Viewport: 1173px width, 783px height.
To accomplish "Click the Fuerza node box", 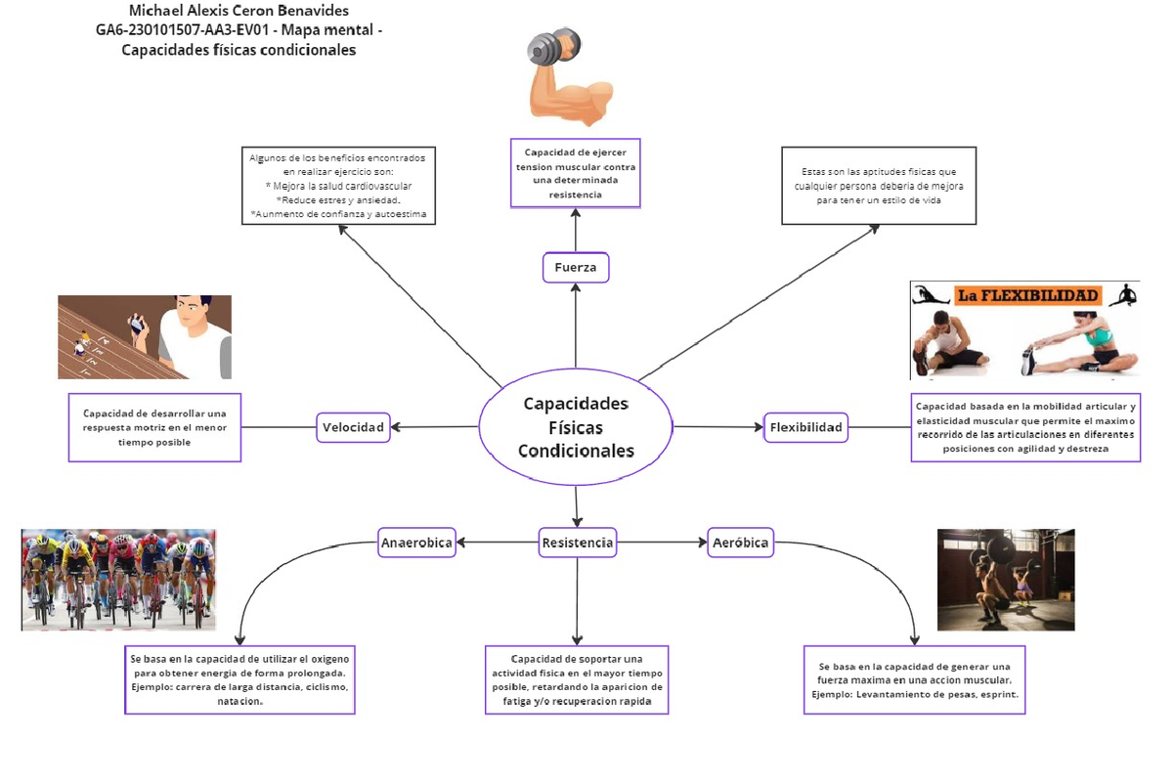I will point(576,268).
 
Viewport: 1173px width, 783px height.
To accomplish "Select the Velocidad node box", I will point(354,426).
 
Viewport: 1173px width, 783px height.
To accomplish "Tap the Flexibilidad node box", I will point(805,427).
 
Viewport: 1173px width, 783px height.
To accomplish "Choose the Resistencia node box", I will point(577,543).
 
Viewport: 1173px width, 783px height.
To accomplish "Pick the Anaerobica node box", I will point(416,543).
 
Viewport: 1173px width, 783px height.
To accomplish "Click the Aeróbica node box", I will point(740,543).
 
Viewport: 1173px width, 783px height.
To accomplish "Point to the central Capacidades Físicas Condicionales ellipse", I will point(576,427).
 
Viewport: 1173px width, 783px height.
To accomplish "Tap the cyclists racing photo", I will point(118,580).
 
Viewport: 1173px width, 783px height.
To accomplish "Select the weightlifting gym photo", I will point(1005,580).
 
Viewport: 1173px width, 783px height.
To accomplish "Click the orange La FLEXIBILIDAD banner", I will point(1027,295).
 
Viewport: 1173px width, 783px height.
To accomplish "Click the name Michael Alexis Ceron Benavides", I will point(239,11).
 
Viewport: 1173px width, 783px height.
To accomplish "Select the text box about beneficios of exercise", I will point(338,186).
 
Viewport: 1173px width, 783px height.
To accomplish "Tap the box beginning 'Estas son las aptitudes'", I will point(879,186).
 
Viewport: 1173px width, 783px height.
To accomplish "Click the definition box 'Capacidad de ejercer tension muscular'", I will point(576,173).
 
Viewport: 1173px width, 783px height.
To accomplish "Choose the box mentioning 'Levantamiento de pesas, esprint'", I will point(914,679).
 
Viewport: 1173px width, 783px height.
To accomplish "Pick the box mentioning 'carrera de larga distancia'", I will point(239,679).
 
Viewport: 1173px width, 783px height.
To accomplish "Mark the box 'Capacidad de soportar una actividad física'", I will point(577,679).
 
